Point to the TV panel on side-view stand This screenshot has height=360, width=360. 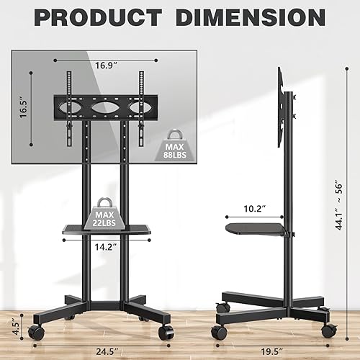pyautogui.click(x=279, y=108)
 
